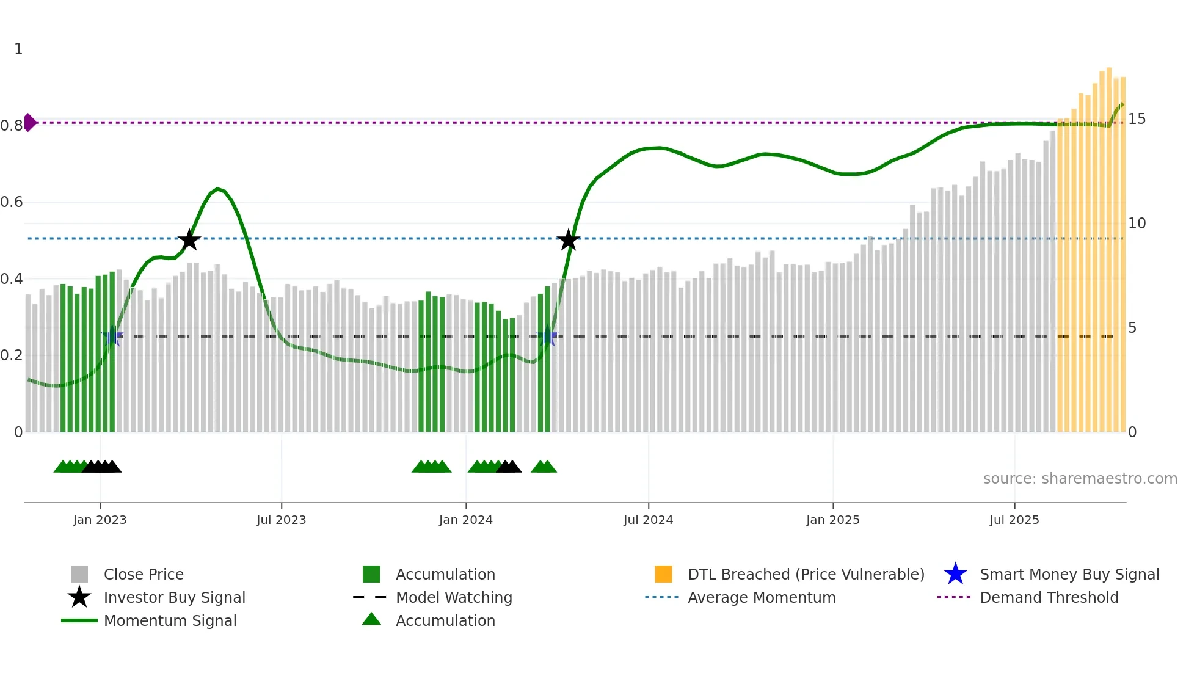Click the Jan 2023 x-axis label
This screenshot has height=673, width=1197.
click(100, 520)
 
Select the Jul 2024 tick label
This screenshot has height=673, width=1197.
click(648, 520)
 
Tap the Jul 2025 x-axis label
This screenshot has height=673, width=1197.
click(1014, 520)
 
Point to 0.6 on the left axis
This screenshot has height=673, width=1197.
click(12, 202)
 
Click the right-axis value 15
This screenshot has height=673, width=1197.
click(1137, 119)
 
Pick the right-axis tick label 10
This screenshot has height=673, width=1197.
click(1137, 224)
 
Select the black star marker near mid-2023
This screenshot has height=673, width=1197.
click(189, 240)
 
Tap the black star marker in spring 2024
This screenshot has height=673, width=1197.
click(569, 240)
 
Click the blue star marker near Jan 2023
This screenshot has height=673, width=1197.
click(112, 336)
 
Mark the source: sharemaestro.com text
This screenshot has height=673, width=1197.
click(1080, 479)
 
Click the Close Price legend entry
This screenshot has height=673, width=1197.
click(144, 575)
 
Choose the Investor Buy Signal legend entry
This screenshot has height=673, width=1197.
click(174, 598)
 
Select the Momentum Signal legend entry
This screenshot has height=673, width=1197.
click(170, 621)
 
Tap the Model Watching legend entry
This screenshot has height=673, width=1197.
click(454, 598)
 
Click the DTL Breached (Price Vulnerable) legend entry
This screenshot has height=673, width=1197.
click(806, 575)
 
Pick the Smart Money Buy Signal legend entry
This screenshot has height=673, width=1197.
click(1069, 575)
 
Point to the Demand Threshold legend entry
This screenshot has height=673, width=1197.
click(1049, 598)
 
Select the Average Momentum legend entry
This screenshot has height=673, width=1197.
click(761, 598)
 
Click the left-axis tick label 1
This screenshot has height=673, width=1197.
click(18, 49)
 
